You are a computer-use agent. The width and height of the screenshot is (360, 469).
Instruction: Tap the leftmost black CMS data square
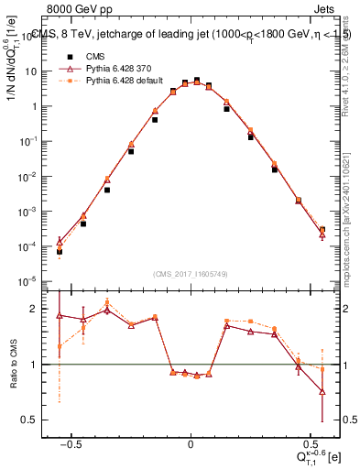click(60, 251)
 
